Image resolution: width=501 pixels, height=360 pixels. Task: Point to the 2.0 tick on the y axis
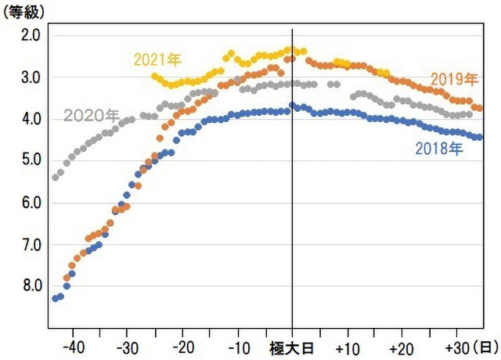[x=32, y=35]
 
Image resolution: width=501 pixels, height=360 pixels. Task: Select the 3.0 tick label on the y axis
[x=32, y=77]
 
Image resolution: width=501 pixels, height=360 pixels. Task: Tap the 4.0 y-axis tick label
[x=32, y=119]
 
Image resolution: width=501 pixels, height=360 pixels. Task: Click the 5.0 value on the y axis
[x=32, y=160]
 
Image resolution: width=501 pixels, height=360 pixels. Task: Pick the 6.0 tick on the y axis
[x=32, y=203]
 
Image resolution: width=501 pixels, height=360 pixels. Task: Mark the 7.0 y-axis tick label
[x=32, y=244]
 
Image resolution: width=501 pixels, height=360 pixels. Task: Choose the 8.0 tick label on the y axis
[x=32, y=286]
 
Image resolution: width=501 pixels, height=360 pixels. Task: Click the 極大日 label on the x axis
[x=291, y=346]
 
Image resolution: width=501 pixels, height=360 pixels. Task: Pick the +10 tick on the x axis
[x=347, y=346]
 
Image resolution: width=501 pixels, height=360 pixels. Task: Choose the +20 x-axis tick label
[x=401, y=346]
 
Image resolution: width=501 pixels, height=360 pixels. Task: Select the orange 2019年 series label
[x=454, y=80]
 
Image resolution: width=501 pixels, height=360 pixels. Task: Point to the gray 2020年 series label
[x=91, y=117]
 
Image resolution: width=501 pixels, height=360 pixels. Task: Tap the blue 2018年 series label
[x=439, y=147]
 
